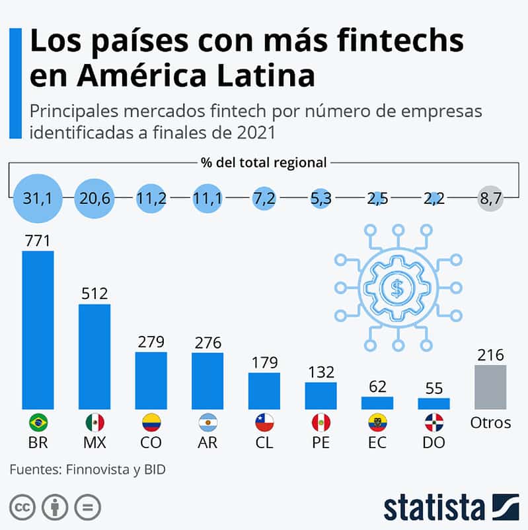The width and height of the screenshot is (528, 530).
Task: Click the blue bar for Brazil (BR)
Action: [38, 329]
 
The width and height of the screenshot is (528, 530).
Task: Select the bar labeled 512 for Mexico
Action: [94, 356]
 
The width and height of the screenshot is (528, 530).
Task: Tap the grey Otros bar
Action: [490, 387]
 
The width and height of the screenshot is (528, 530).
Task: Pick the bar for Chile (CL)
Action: [264, 391]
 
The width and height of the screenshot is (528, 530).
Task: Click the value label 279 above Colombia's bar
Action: [151, 343]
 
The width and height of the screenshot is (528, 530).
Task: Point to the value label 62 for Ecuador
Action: [377, 387]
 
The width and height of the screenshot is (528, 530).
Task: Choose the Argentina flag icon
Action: [207, 422]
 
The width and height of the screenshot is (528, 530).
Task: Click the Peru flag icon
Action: [321, 422]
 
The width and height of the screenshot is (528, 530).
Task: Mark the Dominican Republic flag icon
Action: [434, 422]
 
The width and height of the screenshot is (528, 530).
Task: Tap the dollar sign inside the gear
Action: [397, 287]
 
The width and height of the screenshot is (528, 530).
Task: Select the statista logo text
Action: [433, 508]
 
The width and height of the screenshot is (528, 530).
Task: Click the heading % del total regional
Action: [264, 162]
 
